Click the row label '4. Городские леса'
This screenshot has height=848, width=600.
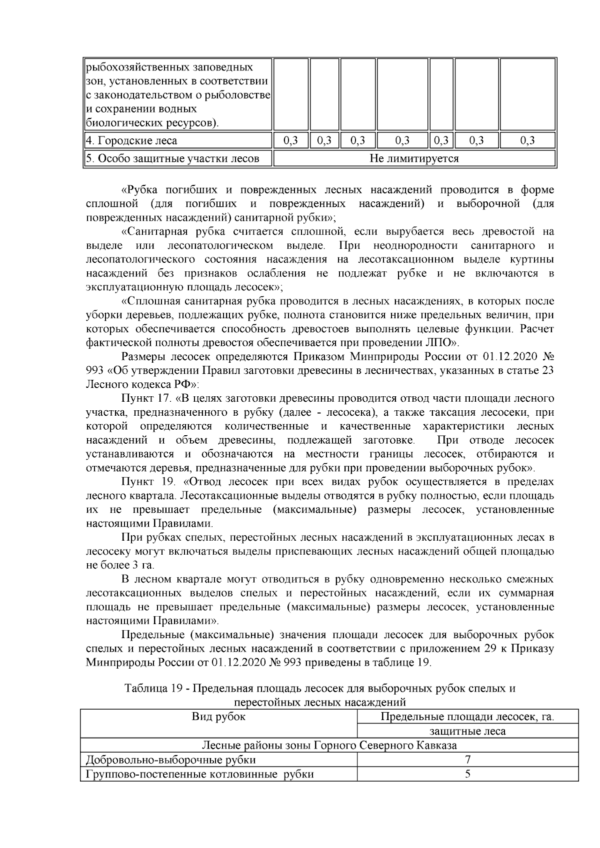(131, 141)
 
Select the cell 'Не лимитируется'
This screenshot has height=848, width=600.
(414, 159)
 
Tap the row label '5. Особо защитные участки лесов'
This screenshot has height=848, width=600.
(173, 159)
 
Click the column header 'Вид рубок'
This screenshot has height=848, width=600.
(218, 717)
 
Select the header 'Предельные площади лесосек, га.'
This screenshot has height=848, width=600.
(467, 717)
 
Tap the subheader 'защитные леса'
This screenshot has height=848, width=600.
(467, 732)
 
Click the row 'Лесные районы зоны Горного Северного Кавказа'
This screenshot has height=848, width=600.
(329, 746)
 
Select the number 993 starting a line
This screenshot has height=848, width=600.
(95, 371)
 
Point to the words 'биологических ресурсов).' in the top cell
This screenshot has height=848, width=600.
(152, 122)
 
